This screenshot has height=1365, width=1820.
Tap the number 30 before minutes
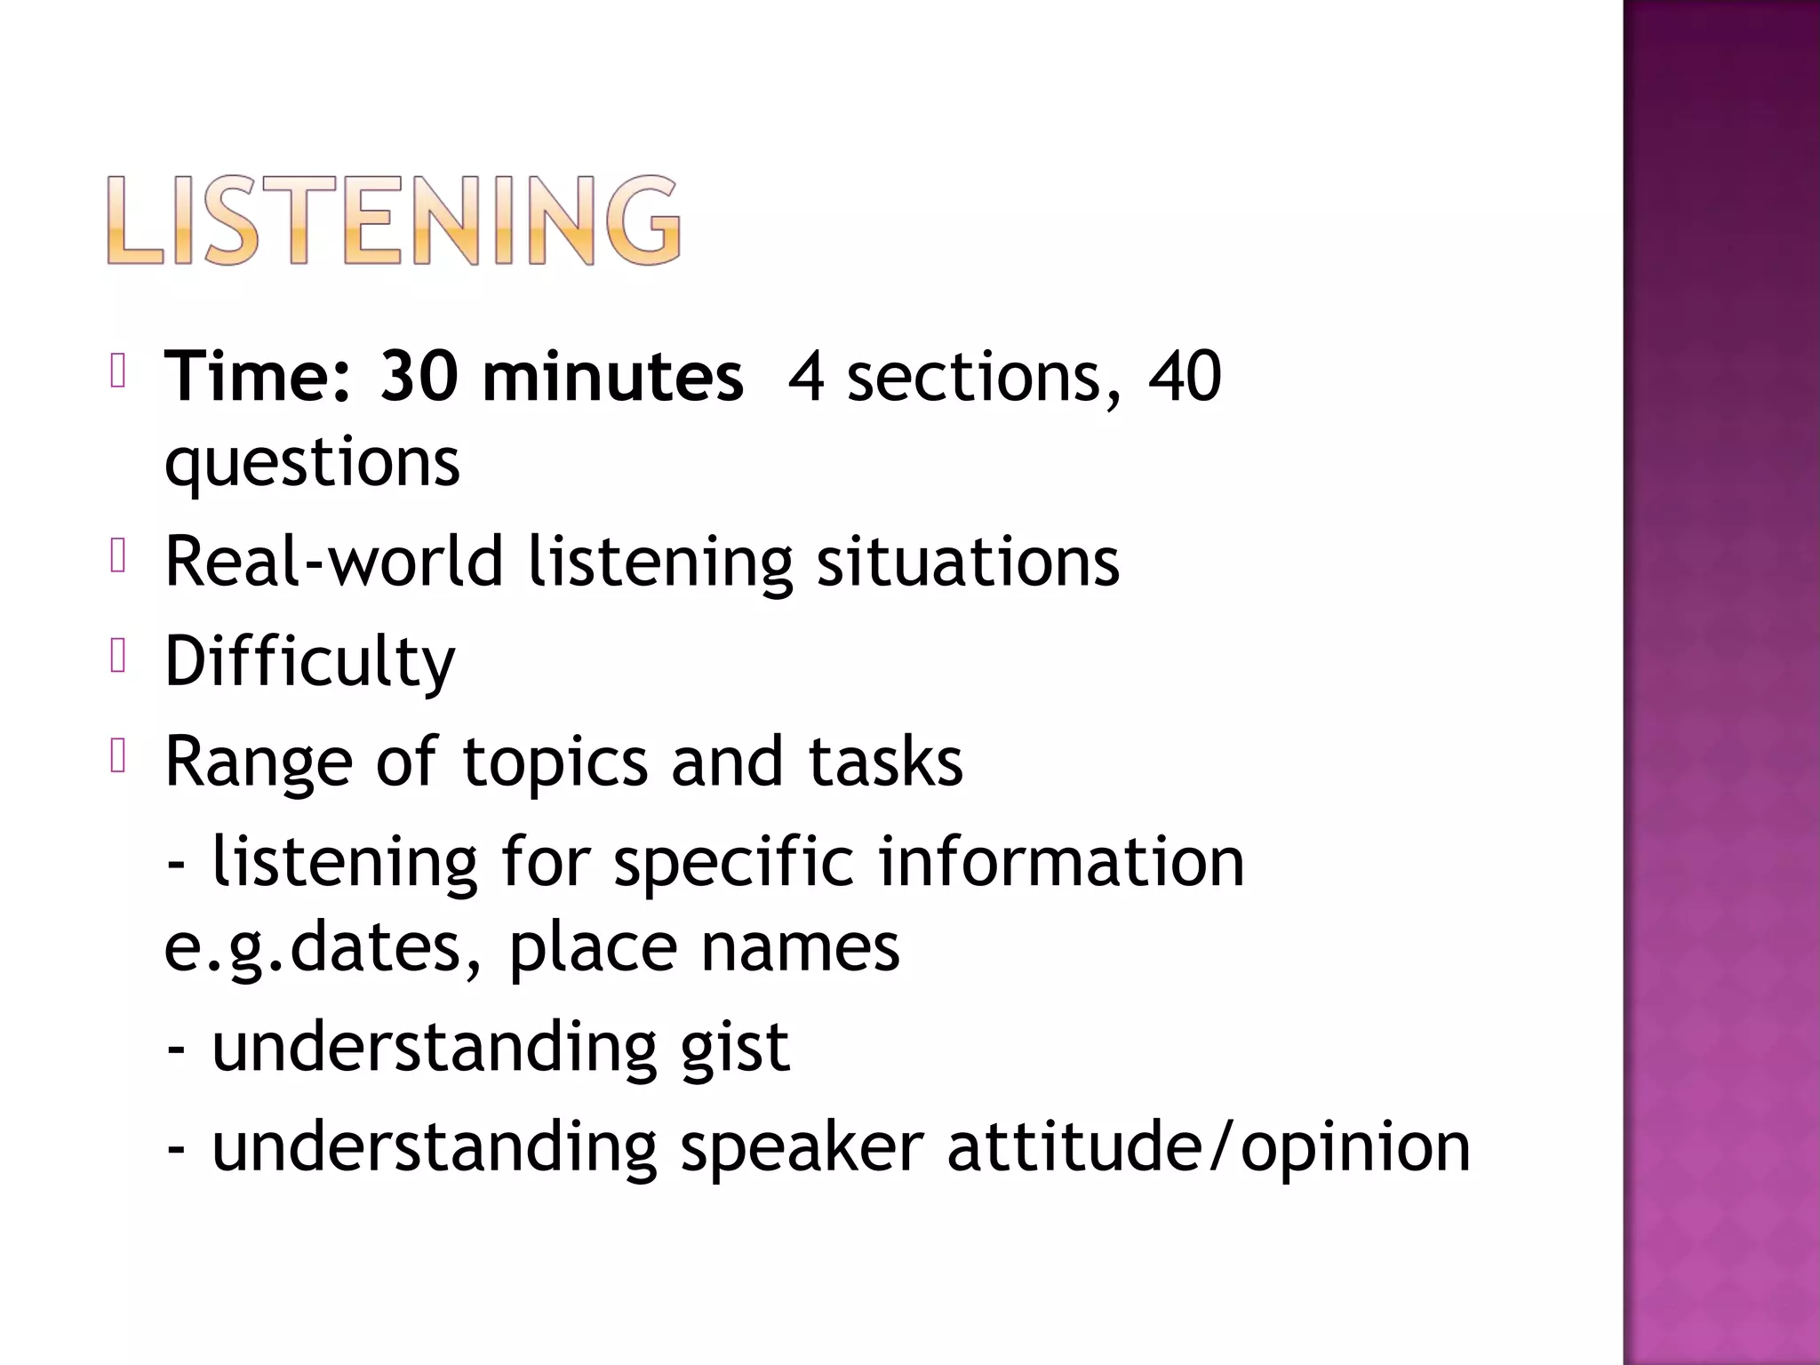point(419,377)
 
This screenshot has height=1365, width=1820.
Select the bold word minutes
point(613,377)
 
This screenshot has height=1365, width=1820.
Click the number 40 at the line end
point(1185,377)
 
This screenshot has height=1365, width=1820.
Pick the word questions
point(312,462)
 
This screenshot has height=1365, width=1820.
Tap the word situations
point(968,562)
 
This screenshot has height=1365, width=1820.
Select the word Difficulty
point(310,662)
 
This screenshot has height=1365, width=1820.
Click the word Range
point(259,762)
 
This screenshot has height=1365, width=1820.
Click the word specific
point(734,862)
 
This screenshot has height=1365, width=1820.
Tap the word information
point(1062,862)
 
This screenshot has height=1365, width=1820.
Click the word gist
point(735,1046)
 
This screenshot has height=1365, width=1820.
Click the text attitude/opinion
point(1209,1146)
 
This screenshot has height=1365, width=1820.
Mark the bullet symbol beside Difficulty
point(119,659)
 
